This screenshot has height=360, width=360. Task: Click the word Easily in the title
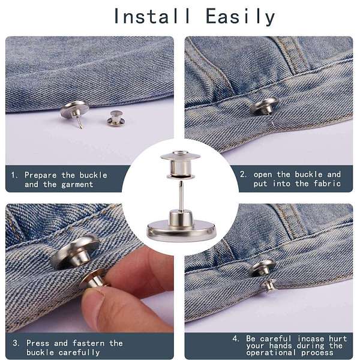[x=241, y=17]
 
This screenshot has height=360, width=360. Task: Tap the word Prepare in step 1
[x=40, y=175]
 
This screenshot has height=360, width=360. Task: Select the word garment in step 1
[x=77, y=185]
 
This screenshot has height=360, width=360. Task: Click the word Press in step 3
[x=38, y=343]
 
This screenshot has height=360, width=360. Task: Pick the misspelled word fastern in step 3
[x=88, y=343]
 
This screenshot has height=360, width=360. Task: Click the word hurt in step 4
[x=338, y=338]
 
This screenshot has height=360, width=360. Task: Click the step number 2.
[x=243, y=175]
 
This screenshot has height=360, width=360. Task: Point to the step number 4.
[x=236, y=338]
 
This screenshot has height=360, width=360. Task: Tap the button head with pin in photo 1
[x=74, y=112]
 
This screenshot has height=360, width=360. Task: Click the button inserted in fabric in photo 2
[x=265, y=106]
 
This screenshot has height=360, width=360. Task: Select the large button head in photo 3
[x=75, y=252]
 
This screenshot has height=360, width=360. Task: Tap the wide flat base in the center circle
[x=181, y=230]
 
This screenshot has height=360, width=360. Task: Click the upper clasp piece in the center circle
[x=180, y=164]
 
